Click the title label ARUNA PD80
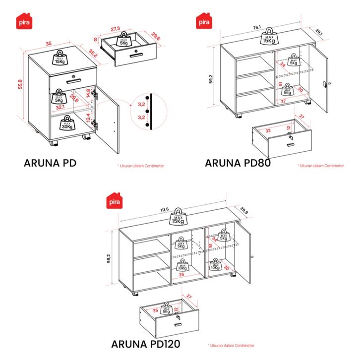tap(238, 163)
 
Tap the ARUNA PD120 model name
tap(145, 343)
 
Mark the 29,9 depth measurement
tap(244, 211)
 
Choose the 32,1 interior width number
tap(60, 107)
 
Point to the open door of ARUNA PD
tap(108, 124)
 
